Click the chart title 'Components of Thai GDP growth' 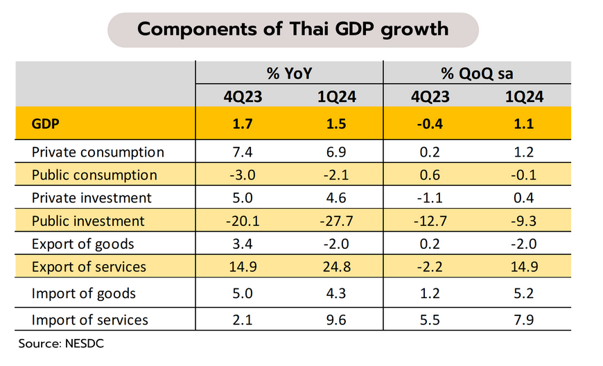coord(293,29)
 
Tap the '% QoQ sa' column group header coord(478,73)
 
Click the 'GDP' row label coord(45,125)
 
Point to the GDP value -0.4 coord(429,125)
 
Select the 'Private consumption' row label coord(98,152)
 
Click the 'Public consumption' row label coord(94,175)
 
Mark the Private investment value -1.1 coord(429,198)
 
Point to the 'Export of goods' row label coord(82,244)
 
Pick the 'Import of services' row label coord(89,320)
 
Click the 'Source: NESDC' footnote coord(61,342)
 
